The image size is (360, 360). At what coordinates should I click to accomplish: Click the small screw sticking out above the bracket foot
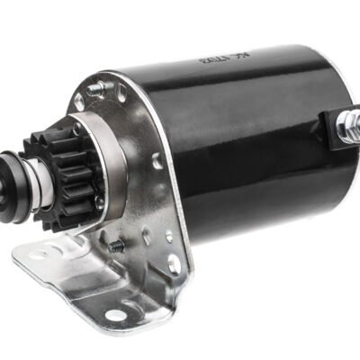(x=116, y=244)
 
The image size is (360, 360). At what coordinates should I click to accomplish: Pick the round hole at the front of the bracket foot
(x=115, y=314)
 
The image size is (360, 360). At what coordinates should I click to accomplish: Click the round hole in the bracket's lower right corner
(x=173, y=264)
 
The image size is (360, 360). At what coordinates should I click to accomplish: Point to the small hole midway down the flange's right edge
(x=159, y=162)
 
